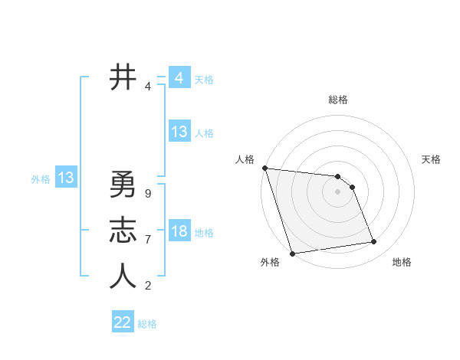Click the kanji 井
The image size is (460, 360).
123,78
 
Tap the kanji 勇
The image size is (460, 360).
123,184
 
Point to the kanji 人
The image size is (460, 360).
123,277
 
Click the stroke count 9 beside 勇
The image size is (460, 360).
147,193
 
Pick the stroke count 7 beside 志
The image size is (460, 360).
147,240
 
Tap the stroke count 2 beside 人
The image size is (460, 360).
147,286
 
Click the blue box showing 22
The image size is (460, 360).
123,322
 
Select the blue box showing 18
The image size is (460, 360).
179,231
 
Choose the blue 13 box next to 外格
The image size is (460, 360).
66,178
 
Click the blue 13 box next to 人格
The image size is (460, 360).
179,132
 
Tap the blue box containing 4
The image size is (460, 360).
179,78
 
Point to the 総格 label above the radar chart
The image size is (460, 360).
338,100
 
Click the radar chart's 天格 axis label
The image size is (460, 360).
432,159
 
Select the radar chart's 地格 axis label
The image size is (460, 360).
402,262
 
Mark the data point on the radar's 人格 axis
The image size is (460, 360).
264,168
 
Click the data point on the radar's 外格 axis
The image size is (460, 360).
292,254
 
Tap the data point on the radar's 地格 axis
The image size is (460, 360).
373,242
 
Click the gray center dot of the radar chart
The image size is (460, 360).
338,192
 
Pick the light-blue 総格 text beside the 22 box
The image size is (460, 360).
148,324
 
